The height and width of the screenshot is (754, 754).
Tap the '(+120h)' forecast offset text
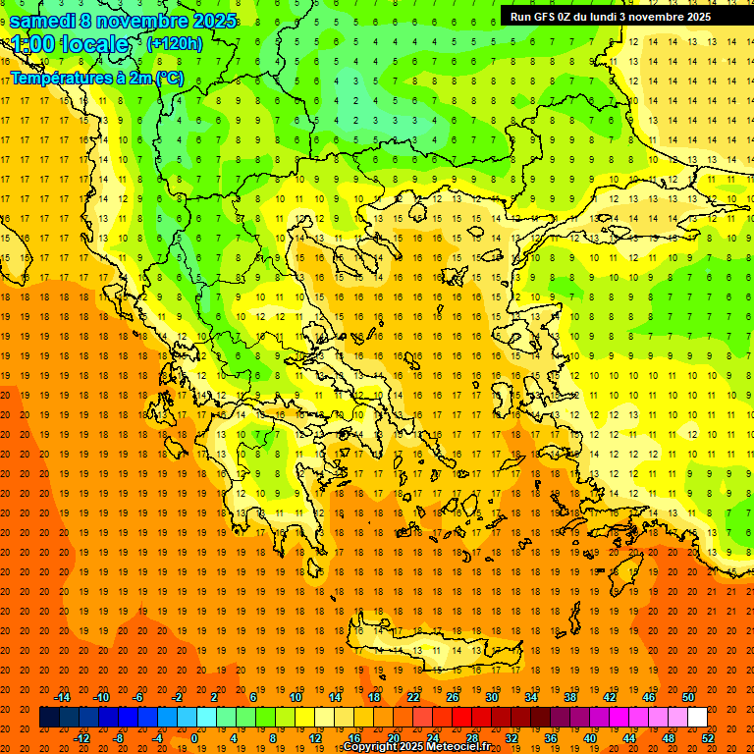pyautogui.click(x=175, y=43)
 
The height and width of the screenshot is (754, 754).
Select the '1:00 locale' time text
pyautogui.click(x=70, y=44)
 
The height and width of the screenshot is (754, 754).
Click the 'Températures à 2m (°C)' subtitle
pyautogui.click(x=96, y=79)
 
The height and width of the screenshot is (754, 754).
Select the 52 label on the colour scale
pyautogui.click(x=709, y=738)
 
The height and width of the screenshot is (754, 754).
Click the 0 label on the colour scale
pyautogui.click(x=194, y=738)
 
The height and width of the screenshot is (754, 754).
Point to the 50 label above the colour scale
pyautogui.click(x=688, y=697)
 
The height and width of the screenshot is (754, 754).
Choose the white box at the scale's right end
pyautogui.click(x=697, y=718)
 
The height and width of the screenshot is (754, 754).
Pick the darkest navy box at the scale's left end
pyautogui.click(x=49, y=718)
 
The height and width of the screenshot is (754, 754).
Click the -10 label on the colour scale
pyautogui.click(x=101, y=697)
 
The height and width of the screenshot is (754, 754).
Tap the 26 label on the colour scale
pyautogui.click(x=453, y=697)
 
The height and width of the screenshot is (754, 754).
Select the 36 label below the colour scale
pyautogui.click(x=551, y=738)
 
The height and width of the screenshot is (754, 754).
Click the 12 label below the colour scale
pyautogui.click(x=315, y=738)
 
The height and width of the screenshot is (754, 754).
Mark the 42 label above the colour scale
pyautogui.click(x=610, y=697)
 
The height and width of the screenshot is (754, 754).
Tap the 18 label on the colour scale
pyautogui.click(x=374, y=697)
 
